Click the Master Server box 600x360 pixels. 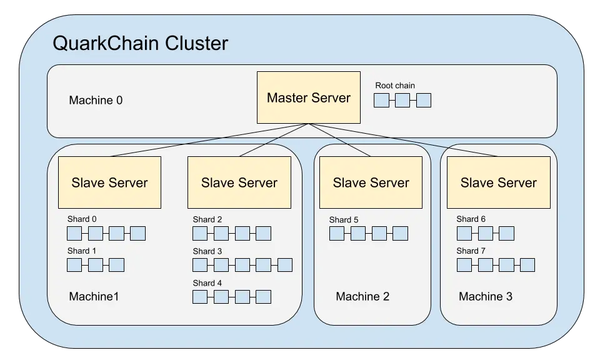309,97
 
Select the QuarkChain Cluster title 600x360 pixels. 140,44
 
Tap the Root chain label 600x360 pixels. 394,86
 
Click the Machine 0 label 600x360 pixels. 96,100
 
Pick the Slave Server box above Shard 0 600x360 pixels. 109,182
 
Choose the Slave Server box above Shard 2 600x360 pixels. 239,182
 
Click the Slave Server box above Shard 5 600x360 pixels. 371,182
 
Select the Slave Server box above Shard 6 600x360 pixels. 498,182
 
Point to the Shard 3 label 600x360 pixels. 207,251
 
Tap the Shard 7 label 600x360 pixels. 471,251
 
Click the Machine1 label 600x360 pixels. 94,296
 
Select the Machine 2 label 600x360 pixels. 362,296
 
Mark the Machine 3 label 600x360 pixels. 486,296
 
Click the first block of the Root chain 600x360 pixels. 381,100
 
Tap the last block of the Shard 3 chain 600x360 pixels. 284,265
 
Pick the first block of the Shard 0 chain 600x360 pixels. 74,234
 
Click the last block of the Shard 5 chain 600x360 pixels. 400,234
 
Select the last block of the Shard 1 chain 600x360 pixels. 116,265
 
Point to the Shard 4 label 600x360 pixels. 207,283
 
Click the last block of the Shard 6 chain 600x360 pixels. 506,234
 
